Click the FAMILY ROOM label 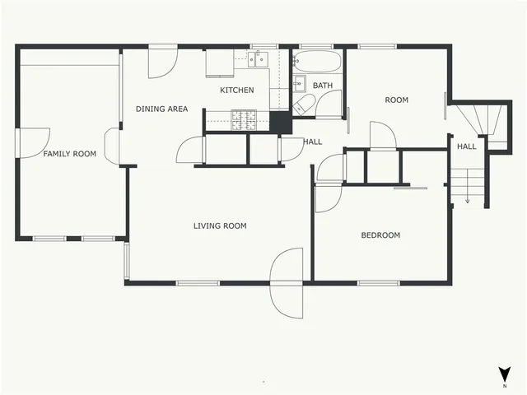click(x=69, y=154)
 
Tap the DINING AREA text click(x=161, y=109)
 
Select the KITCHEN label click(x=236, y=90)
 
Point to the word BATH click(x=322, y=86)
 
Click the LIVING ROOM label click(x=220, y=226)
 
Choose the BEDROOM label click(x=380, y=235)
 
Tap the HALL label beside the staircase click(x=467, y=146)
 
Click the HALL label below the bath click(x=312, y=142)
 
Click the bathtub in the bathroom click(x=316, y=63)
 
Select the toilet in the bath click(x=303, y=104)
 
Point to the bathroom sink click(x=298, y=82)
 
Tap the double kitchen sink click(x=259, y=58)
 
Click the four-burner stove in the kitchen click(x=243, y=120)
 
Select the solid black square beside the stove click(x=281, y=121)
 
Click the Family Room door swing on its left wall click(x=35, y=142)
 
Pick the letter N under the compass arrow click(x=504, y=385)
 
